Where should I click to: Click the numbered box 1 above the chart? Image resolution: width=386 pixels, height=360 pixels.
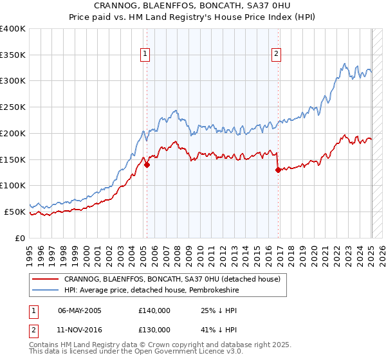pyautogui.click(x=146, y=55)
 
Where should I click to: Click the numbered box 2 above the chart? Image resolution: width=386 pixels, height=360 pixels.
pyautogui.click(x=276, y=55)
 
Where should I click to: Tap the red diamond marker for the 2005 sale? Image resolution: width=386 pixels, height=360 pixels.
pyautogui.click(x=147, y=165)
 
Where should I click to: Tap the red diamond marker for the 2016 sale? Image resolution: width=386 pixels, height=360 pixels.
pyautogui.click(x=278, y=170)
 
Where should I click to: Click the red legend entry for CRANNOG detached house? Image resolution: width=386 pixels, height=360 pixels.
pyautogui.click(x=172, y=280)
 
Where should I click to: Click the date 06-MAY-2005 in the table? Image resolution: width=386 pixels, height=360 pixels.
pyautogui.click(x=80, y=310)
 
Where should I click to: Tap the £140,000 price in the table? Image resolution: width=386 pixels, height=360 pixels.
pyautogui.click(x=154, y=310)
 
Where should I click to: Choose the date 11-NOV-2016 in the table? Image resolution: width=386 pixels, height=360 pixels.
pyautogui.click(x=80, y=330)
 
